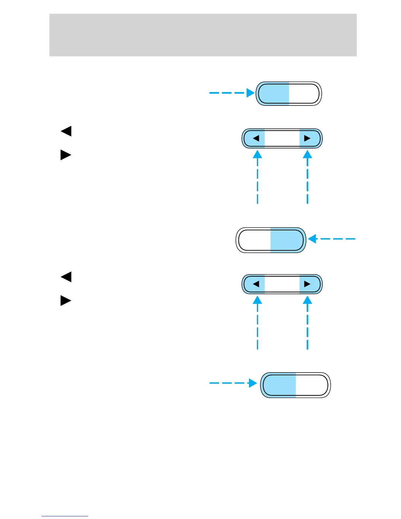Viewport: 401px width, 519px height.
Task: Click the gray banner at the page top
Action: [x=203, y=35]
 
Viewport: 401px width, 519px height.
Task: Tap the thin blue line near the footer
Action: [x=65, y=516]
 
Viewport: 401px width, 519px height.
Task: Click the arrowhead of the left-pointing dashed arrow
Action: [x=312, y=239]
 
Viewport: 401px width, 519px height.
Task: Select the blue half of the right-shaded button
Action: [x=287, y=240]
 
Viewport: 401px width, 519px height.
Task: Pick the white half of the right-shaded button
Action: [x=254, y=240]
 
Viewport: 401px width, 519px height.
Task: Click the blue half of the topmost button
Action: [x=273, y=94]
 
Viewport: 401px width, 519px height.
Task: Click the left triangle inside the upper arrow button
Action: [x=256, y=138]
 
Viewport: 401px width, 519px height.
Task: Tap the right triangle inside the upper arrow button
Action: [x=307, y=138]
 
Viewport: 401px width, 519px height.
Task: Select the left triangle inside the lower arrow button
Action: [x=256, y=284]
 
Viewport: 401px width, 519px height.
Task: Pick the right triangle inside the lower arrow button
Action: [x=307, y=284]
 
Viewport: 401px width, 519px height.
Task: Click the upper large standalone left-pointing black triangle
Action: [x=66, y=131]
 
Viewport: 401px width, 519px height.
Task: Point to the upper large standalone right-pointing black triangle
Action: [x=66, y=155]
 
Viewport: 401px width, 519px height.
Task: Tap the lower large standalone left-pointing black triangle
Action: [x=66, y=277]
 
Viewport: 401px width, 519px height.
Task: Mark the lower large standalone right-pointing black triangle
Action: [x=66, y=300]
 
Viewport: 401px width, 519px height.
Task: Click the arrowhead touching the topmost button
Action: [x=251, y=93]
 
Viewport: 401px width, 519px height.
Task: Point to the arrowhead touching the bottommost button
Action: [x=253, y=383]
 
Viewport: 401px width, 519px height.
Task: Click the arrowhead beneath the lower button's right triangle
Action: [x=307, y=300]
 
